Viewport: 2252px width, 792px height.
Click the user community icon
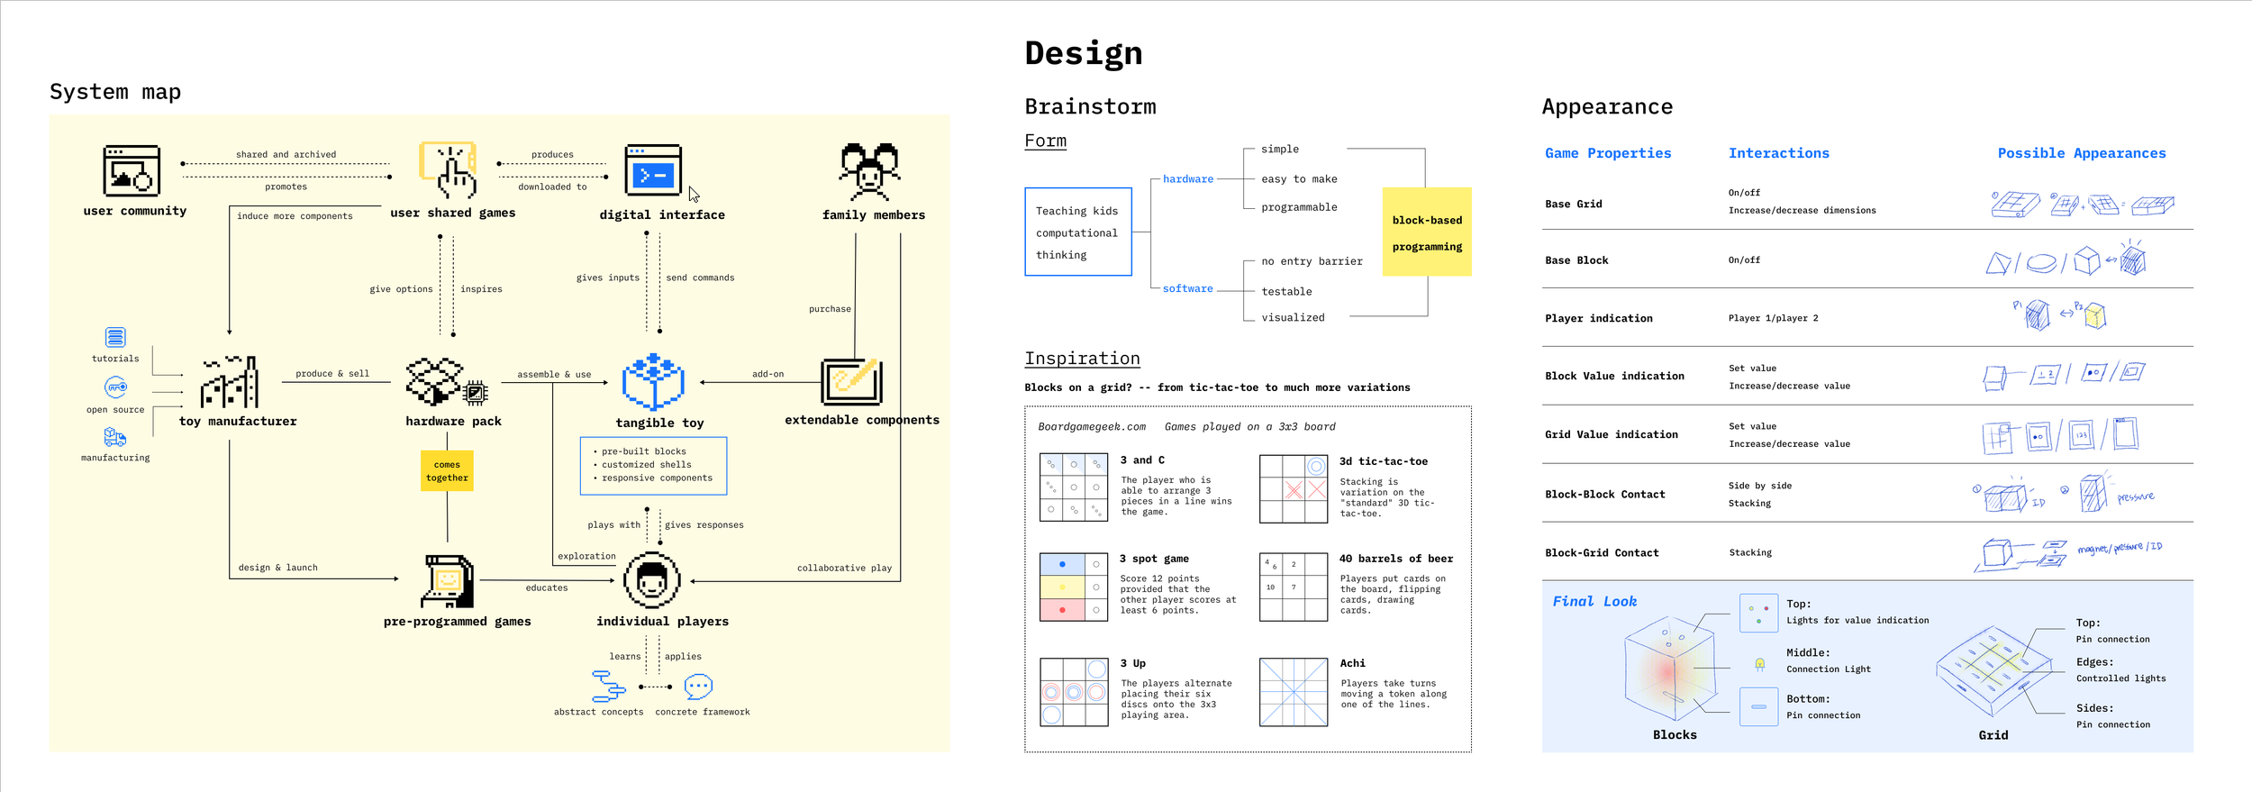click(132, 170)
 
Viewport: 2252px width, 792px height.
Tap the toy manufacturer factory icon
click(230, 382)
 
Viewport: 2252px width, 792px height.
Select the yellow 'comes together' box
click(447, 470)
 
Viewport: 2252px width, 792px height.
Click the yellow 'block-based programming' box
click(1427, 232)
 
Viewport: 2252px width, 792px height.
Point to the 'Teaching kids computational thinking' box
click(1077, 232)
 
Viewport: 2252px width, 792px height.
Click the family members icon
click(869, 171)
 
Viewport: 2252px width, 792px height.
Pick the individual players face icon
click(651, 580)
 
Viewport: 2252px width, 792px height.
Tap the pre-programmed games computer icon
click(448, 581)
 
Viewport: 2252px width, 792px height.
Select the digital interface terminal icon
click(653, 170)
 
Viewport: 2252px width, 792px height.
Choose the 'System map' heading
click(115, 92)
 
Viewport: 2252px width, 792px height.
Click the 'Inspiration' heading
click(1082, 359)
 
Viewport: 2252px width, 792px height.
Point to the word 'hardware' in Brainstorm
click(1187, 179)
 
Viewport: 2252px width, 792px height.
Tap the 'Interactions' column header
click(1778, 153)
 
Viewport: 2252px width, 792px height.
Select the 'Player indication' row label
click(1598, 318)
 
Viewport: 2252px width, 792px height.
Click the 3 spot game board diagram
click(1074, 587)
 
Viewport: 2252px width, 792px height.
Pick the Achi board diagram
click(1294, 692)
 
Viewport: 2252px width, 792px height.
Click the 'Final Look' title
click(1594, 601)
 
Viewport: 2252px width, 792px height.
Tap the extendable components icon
click(851, 381)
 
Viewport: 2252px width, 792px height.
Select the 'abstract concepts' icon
click(608, 686)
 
